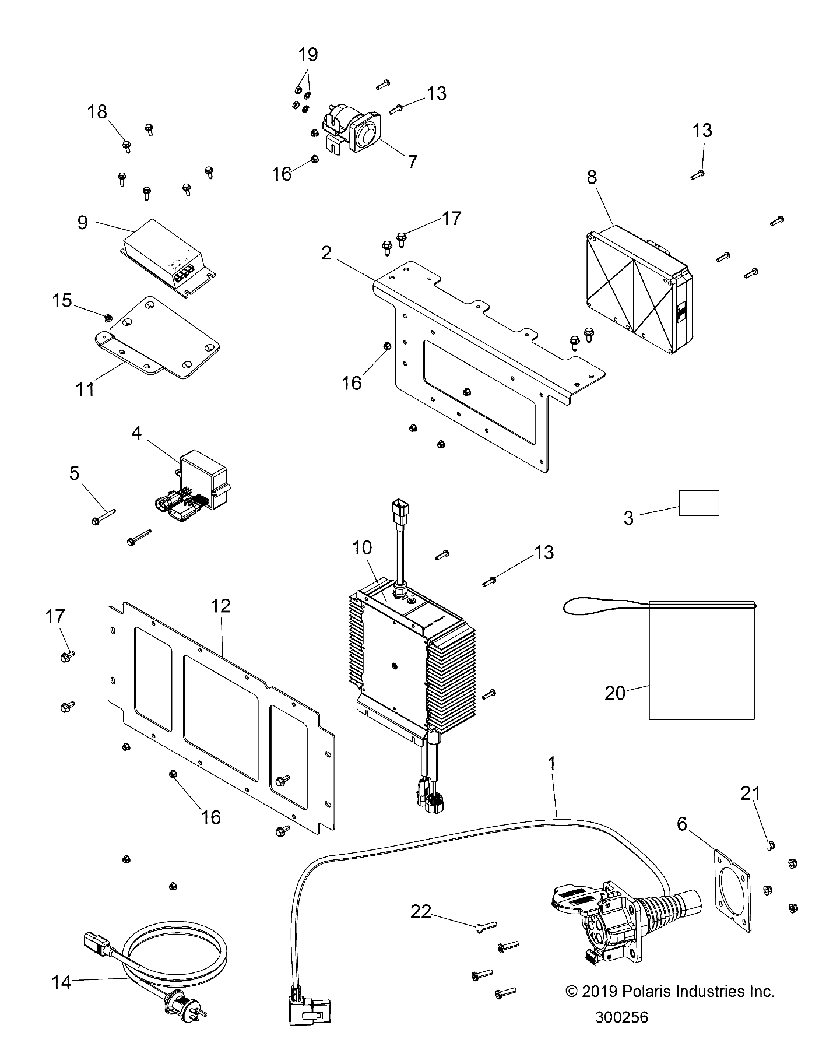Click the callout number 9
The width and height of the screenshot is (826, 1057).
coord(83,222)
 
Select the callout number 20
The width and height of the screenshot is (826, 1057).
coord(616,693)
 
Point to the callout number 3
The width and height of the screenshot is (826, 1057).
coord(628,518)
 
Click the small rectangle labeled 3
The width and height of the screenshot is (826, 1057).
coord(699,503)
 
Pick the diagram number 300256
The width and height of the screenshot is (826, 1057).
coord(621,1017)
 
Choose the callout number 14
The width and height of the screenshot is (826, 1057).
coord(61,982)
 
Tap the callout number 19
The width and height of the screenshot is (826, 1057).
coord(308,55)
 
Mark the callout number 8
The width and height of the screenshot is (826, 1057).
coord(592,177)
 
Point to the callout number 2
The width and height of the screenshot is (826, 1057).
coord(326,252)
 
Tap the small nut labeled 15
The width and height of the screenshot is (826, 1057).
coord(107,318)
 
